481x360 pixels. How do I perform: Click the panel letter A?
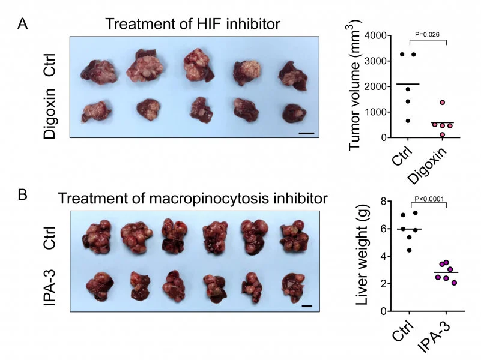click(x=22, y=24)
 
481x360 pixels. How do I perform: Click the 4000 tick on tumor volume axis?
click(x=375, y=36)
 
